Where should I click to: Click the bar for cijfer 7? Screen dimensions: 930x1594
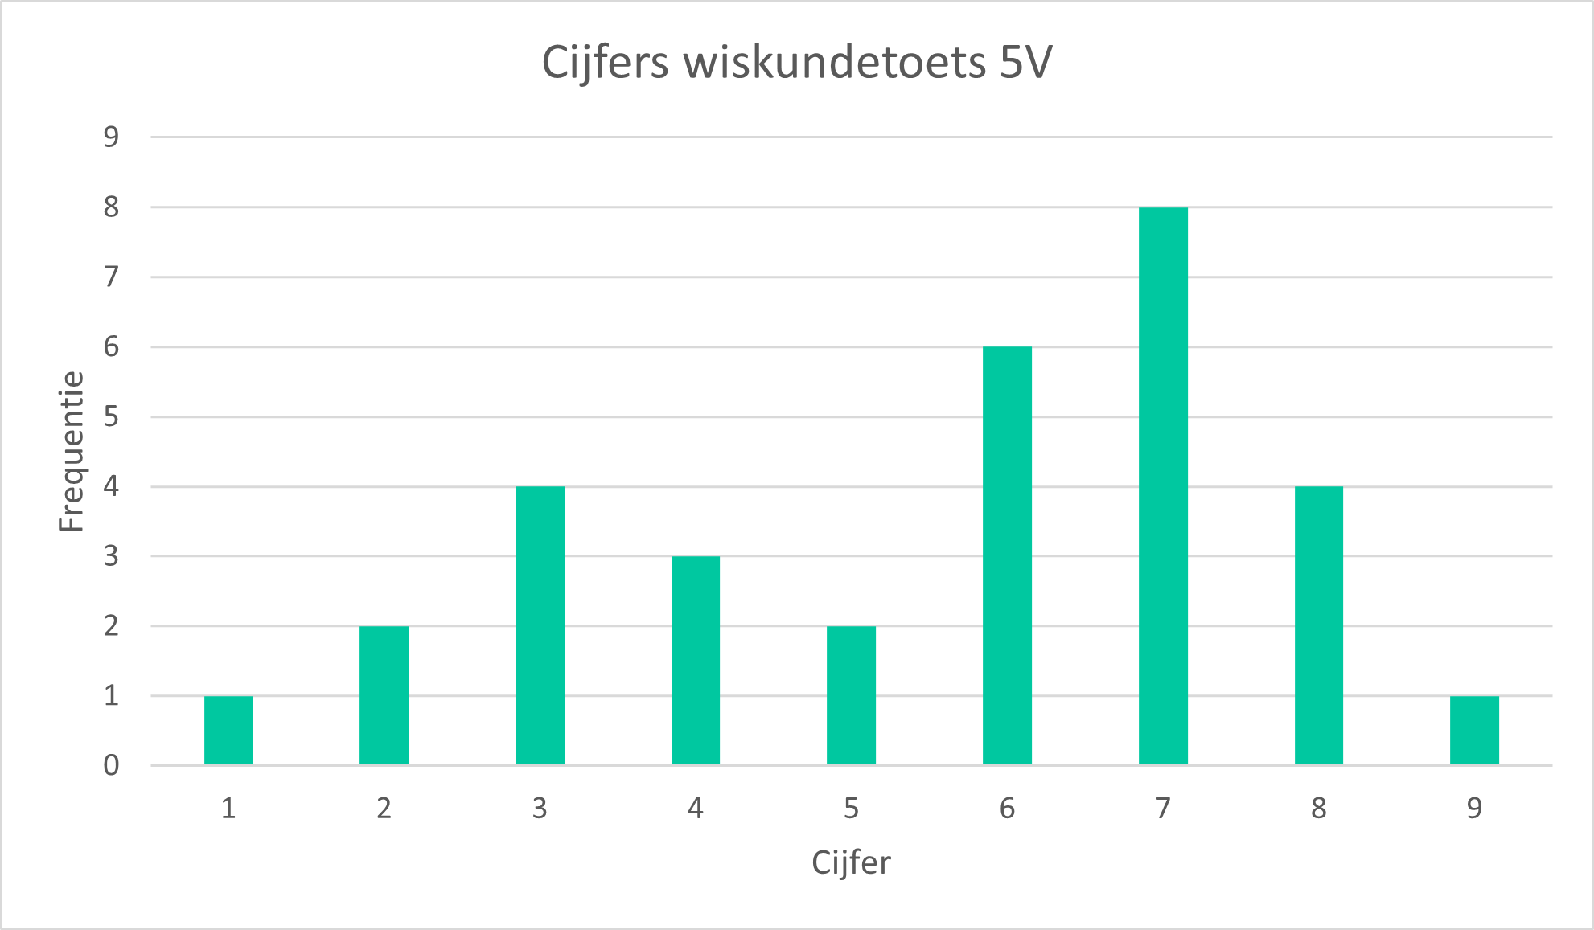coord(1163,486)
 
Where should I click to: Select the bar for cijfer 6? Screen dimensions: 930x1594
coord(1007,555)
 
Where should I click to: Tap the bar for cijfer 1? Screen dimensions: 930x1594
coord(228,730)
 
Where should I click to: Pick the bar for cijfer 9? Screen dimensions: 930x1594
coord(1474,730)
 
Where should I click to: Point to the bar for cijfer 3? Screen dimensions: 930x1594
coord(540,625)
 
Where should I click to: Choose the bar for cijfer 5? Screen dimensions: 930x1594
coord(851,695)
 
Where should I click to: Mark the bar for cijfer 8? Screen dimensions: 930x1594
coord(1318,625)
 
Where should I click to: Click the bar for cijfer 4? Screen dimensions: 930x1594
coord(696,660)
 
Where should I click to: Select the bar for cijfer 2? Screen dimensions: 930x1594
coord(384,695)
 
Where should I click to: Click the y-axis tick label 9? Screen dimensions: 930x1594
coord(111,137)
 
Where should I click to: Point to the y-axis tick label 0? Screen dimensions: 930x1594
coord(111,765)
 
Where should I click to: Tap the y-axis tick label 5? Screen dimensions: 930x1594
coord(111,416)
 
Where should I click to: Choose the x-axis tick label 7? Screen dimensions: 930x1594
coord(1163,808)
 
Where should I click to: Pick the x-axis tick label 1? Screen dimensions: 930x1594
coord(228,808)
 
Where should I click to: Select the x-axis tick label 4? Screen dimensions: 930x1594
coord(696,808)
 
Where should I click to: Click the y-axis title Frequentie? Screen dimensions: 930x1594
coord(72,451)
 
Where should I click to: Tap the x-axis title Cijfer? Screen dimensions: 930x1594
coord(851,863)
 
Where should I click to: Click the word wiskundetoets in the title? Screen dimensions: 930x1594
coord(835,63)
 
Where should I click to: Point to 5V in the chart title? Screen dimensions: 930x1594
coord(1025,63)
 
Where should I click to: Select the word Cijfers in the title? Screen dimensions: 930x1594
coord(605,63)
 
